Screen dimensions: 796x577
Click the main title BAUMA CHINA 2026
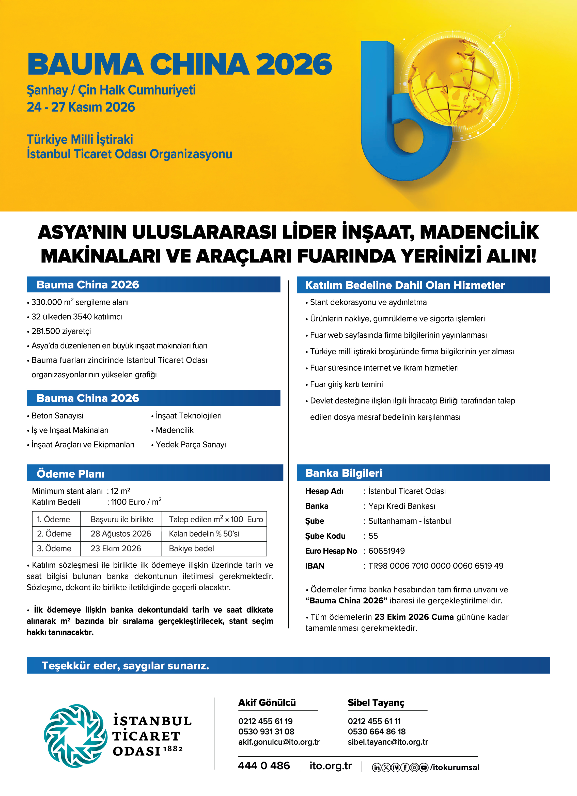pos(179,64)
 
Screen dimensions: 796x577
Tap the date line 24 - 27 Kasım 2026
pos(81,107)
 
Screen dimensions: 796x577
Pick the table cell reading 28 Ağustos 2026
pos(120,534)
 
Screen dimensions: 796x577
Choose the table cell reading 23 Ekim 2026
pos(116,548)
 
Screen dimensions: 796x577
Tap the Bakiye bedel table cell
pos(191,548)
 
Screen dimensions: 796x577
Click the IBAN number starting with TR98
pos(435,566)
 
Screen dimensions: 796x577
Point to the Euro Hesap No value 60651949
pos(386,551)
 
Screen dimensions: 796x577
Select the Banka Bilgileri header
pos(344,473)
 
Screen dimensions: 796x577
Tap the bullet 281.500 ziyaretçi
pos(61,331)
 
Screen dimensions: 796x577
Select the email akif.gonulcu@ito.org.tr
pos(279,742)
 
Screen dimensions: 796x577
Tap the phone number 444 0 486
pos(264,766)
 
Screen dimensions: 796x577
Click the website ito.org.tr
pos(330,766)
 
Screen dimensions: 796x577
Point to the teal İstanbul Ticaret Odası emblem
pos(75,736)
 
